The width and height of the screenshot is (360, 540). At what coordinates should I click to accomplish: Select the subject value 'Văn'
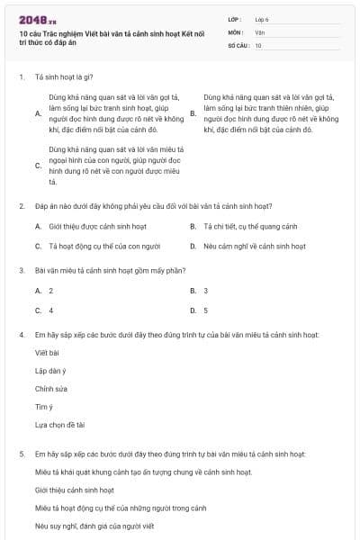259,31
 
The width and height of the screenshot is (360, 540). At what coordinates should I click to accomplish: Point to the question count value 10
258,44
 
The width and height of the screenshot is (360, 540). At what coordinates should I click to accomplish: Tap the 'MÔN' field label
235,31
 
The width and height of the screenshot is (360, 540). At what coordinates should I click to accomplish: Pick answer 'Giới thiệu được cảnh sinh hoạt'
94,226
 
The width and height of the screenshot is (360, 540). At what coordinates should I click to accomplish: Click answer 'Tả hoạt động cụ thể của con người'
97,246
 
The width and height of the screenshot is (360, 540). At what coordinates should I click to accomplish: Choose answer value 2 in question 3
51,291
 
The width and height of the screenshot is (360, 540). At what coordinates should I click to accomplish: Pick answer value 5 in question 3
206,310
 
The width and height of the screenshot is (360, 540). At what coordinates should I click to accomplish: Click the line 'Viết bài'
47,354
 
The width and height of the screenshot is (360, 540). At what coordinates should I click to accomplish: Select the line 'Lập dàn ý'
50,371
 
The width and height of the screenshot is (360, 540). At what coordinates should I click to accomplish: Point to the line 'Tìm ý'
44,407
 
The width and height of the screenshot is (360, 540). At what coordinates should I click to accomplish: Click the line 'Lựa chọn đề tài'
59,424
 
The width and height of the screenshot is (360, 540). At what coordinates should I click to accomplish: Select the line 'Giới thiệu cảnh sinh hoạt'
75,490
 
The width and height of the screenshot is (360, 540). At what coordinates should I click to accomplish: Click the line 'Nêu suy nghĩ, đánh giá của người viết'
94,525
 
